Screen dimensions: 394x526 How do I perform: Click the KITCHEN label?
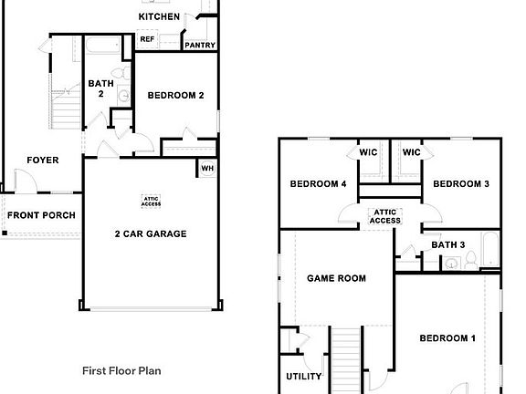click(159, 16)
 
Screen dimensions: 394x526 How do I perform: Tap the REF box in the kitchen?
click(147, 39)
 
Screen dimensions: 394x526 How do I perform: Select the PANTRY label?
click(199, 45)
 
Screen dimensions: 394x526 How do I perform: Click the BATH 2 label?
click(100, 88)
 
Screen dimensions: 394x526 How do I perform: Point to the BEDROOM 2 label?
click(175, 95)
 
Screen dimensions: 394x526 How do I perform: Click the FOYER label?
click(42, 161)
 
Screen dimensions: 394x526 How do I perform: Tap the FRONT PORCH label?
click(41, 215)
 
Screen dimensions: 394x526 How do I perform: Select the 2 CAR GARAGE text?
click(151, 233)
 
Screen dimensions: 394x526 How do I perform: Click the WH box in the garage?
click(207, 168)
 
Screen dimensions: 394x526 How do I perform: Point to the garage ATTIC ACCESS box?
click(152, 202)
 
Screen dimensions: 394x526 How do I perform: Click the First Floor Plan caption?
click(121, 371)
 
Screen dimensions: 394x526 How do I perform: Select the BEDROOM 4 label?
click(318, 184)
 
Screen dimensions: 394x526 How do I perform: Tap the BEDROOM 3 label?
click(461, 184)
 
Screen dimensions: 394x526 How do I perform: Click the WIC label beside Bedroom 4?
click(369, 152)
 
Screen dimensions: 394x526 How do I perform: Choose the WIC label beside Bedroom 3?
click(412, 152)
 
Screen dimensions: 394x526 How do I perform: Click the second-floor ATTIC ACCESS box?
click(385, 216)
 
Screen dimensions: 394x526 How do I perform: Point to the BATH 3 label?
click(448, 244)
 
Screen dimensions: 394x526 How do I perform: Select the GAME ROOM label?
click(336, 278)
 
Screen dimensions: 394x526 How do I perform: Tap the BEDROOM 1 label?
click(447, 338)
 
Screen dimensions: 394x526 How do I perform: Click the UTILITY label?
click(303, 376)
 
